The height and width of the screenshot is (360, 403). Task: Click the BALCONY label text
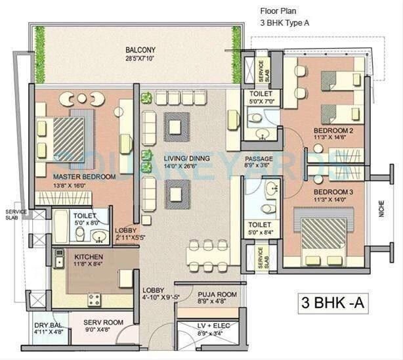[141, 49]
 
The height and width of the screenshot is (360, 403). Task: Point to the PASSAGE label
[259, 159]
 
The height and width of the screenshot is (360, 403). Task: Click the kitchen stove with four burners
[95, 300]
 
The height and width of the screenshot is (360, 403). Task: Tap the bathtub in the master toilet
[60, 226]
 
